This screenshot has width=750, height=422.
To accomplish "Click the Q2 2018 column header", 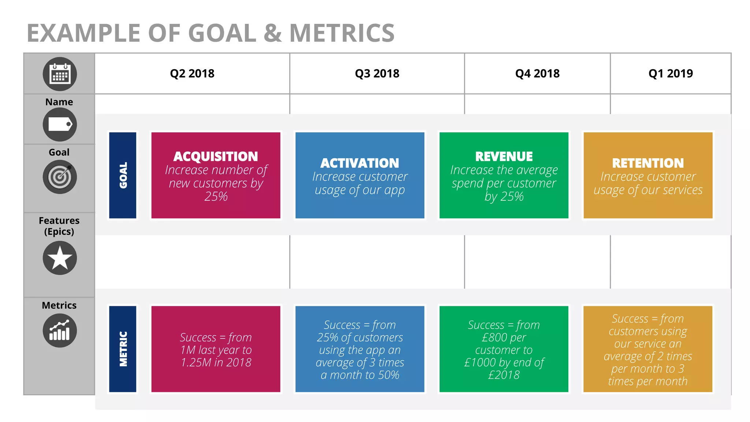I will click(192, 73).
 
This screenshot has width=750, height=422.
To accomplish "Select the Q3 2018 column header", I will click(377, 73).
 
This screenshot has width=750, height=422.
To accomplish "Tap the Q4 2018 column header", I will click(537, 73).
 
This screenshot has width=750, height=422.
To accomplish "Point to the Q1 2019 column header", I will click(671, 73).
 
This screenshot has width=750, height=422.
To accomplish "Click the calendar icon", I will click(60, 74).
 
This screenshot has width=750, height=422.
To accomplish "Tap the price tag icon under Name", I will click(60, 124).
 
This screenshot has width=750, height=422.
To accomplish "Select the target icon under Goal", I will click(60, 177).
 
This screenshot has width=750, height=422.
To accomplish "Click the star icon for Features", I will click(60, 258).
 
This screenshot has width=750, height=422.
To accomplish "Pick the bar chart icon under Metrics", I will click(60, 330).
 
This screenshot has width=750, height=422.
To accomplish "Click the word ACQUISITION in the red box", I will click(216, 156).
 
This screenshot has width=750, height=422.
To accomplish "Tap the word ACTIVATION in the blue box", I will click(360, 163).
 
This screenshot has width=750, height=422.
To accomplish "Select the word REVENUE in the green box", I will click(504, 156).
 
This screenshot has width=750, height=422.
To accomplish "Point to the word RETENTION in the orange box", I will click(648, 163).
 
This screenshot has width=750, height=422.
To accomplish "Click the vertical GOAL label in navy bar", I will click(123, 175).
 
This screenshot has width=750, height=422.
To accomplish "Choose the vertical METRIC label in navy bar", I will click(123, 349).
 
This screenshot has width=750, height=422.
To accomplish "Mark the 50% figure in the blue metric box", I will click(389, 375).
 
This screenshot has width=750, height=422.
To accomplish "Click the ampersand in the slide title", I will click(272, 33).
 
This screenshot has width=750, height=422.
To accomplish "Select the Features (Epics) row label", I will click(59, 226).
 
